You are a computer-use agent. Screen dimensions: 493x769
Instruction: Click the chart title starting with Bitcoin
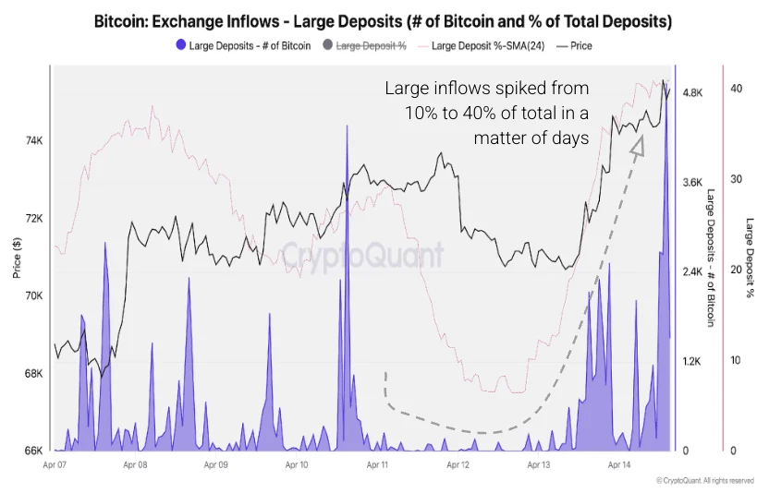click(384, 20)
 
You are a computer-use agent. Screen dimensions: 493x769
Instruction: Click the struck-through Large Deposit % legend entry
click(369, 45)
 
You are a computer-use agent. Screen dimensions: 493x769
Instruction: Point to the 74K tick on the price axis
click(32, 141)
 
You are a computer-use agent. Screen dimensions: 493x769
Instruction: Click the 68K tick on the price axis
click(32, 374)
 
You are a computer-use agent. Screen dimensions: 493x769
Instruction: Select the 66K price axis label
click(32, 451)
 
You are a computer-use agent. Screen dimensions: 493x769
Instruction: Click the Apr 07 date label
click(57, 466)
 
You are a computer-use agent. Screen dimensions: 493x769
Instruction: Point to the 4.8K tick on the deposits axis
click(693, 93)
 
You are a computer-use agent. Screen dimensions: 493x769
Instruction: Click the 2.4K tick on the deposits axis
click(693, 272)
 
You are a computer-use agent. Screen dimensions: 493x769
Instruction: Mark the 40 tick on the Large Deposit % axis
click(736, 89)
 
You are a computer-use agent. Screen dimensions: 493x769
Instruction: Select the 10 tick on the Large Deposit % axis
click(736, 360)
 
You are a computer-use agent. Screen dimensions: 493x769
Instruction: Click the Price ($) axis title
click(17, 258)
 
